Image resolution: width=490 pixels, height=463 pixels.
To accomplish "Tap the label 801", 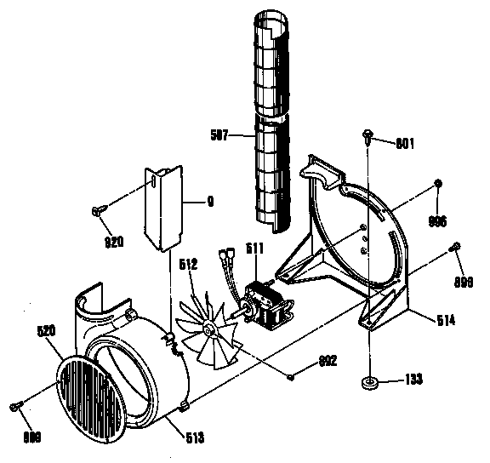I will tap(404, 143).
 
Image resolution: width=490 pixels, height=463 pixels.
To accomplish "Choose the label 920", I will tap(114, 242).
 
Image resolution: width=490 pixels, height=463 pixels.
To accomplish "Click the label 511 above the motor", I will tap(255, 249).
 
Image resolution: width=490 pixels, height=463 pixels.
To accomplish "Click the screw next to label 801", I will tap(367, 134).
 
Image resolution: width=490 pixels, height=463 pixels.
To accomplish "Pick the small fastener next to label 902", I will tap(291, 375).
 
